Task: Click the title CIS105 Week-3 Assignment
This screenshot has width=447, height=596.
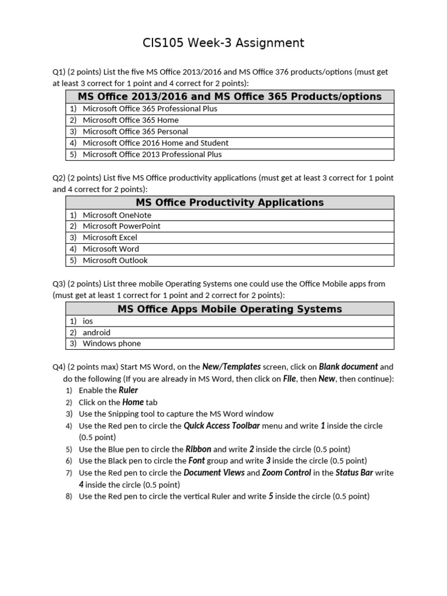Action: click(x=223, y=42)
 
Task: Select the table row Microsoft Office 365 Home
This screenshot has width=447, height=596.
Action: click(x=130, y=120)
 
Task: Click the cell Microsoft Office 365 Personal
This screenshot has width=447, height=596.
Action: click(x=135, y=132)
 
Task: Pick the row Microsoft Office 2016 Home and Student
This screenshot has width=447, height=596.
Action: click(x=155, y=143)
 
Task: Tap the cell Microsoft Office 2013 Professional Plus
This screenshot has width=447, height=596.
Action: click(x=152, y=154)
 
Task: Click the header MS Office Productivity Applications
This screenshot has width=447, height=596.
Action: click(x=229, y=203)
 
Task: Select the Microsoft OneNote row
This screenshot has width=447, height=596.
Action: click(x=116, y=215)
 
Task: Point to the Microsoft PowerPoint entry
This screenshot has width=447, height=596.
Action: click(x=121, y=226)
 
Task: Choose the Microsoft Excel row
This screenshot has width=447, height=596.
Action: click(x=110, y=237)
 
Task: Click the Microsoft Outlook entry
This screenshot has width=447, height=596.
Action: click(x=115, y=260)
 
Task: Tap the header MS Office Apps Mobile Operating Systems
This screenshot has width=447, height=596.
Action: click(x=229, y=308)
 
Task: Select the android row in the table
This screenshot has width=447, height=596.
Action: click(x=96, y=332)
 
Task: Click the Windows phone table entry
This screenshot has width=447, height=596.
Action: click(x=111, y=343)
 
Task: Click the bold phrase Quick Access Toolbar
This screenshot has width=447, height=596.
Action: click(x=221, y=426)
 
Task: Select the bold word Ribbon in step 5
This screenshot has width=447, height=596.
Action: click(x=198, y=449)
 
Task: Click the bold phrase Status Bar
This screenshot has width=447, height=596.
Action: click(x=354, y=473)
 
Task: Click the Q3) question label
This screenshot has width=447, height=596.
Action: click(x=59, y=283)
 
